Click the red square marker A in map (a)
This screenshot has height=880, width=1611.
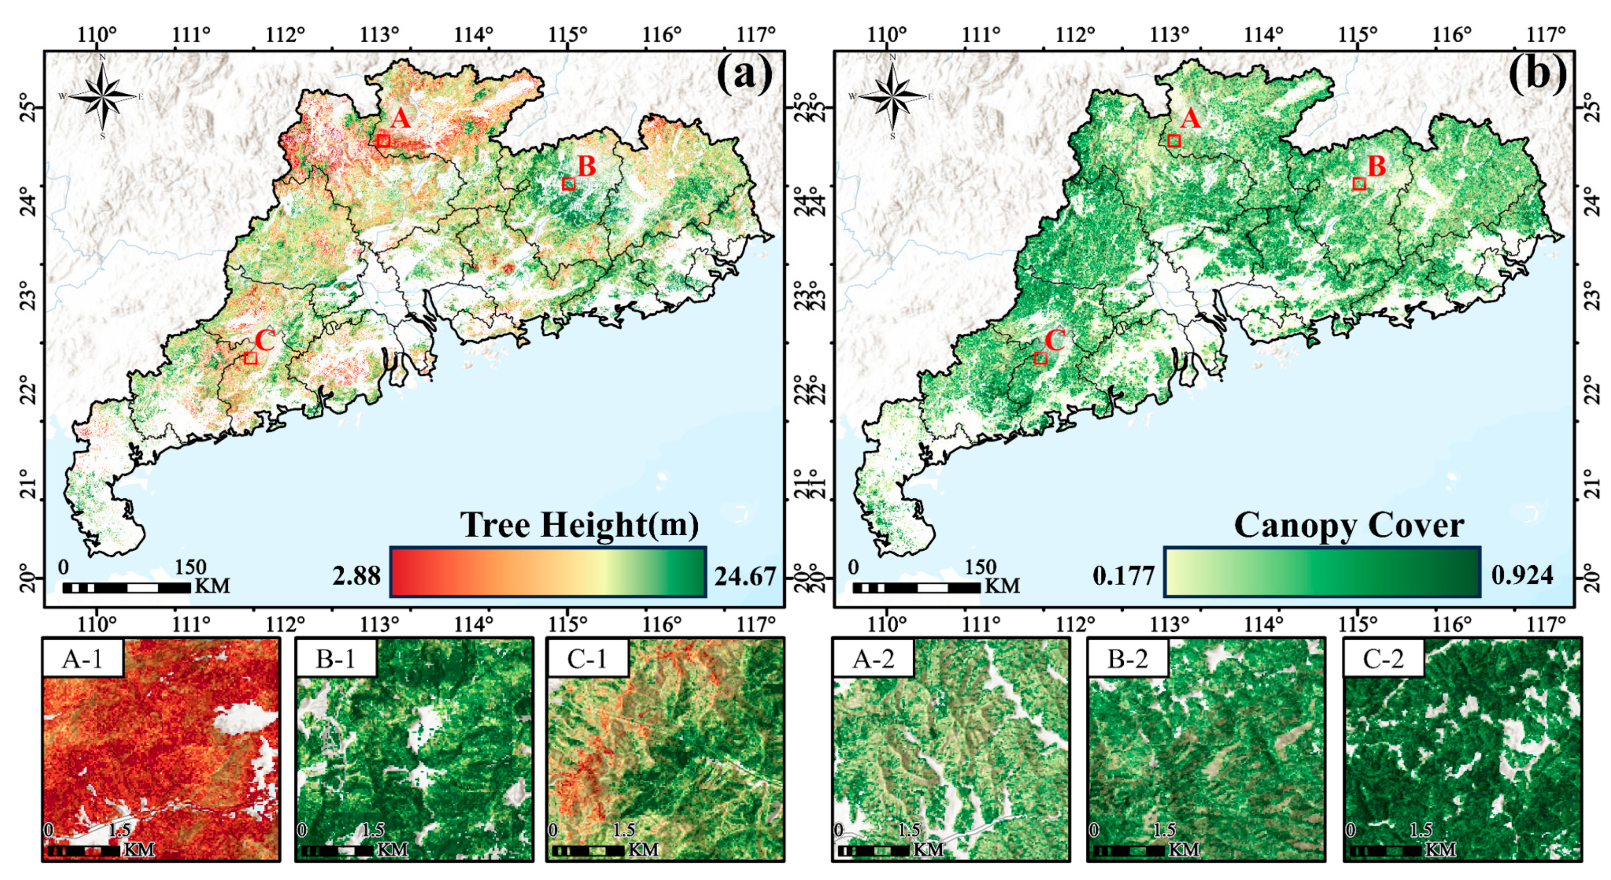coord(383,141)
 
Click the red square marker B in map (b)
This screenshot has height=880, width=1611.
coord(1358,183)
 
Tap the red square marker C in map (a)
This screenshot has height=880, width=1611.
coord(251,358)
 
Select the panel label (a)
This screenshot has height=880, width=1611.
coord(744,74)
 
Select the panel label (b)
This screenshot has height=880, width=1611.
coord(1537,74)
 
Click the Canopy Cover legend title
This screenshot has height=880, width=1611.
coord(1348,525)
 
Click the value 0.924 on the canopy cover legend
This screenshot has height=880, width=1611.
coord(1522,574)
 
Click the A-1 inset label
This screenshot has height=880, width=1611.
coord(83,658)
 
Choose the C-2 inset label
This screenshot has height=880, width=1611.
coord(1383,658)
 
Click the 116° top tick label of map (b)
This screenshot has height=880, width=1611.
coord(1452,35)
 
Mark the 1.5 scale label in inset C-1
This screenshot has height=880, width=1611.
coord(624,830)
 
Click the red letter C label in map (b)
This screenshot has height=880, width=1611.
coord(1055,341)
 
